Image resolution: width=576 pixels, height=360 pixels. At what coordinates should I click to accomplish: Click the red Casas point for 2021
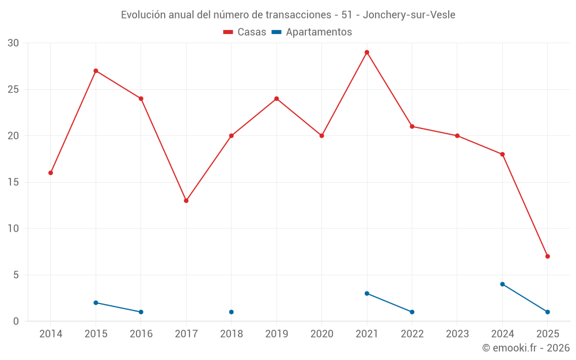click(367, 52)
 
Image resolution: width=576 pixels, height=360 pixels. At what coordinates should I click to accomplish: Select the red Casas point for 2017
click(186, 200)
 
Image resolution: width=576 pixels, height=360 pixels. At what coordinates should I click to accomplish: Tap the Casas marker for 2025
click(548, 256)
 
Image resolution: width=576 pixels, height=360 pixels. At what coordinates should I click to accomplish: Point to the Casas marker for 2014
click(51, 173)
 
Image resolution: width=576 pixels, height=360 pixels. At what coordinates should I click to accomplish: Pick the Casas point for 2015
click(96, 71)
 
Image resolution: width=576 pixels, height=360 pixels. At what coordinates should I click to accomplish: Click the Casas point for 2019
click(276, 98)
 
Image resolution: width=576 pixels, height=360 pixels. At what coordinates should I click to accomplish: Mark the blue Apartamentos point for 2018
click(231, 312)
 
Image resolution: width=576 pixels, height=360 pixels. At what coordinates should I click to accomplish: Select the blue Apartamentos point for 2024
click(502, 284)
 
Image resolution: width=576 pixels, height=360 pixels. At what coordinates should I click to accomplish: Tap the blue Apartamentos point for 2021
click(367, 293)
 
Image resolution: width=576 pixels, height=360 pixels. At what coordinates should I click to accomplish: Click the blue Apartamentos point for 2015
click(96, 302)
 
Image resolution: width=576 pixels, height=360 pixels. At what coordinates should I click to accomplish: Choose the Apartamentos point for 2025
click(548, 312)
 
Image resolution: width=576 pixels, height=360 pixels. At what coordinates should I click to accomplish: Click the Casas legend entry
click(245, 32)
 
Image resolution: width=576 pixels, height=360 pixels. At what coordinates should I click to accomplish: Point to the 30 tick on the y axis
click(13, 43)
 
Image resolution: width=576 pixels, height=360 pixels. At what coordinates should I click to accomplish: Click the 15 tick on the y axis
click(13, 182)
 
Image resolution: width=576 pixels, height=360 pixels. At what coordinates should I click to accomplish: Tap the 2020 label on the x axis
click(321, 334)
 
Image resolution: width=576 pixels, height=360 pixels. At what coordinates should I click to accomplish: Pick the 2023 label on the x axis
click(457, 334)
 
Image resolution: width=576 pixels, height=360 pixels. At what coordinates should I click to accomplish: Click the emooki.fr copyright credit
click(526, 348)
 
